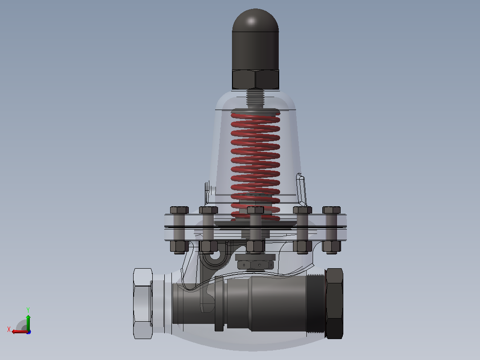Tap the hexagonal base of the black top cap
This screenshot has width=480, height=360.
pyautogui.click(x=255, y=79)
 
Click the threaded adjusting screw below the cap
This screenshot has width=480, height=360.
pyautogui.click(x=255, y=98)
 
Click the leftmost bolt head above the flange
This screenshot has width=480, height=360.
pyautogui.click(x=179, y=210)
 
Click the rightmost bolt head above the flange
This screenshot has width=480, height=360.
pyautogui.click(x=332, y=210)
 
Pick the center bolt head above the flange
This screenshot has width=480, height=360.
pyautogui.click(x=255, y=210)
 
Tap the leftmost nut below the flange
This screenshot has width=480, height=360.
pyautogui.click(x=179, y=247)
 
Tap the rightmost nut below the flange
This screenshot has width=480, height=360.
pyautogui.click(x=332, y=247)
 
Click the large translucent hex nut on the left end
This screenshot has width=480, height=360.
pyautogui.click(x=143, y=303)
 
